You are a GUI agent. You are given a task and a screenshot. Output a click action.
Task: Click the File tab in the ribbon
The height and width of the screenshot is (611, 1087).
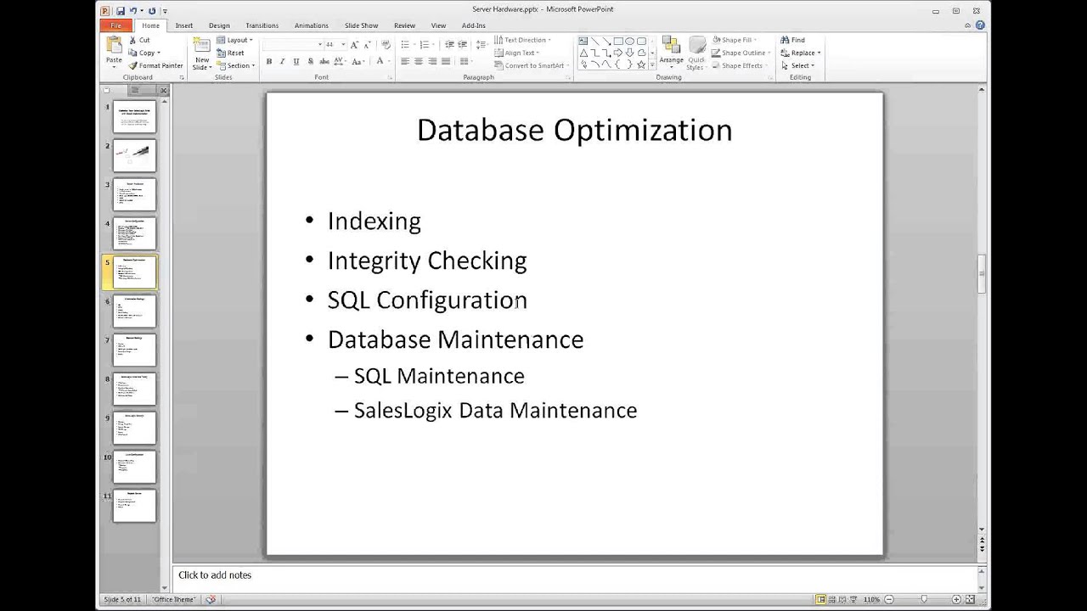click(115, 25)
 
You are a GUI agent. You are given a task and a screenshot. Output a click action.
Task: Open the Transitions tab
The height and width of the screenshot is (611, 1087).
click(262, 25)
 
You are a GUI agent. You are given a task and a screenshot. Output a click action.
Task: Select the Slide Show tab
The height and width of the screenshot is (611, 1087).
click(361, 25)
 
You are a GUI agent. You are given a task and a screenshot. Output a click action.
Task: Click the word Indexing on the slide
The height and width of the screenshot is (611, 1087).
click(374, 221)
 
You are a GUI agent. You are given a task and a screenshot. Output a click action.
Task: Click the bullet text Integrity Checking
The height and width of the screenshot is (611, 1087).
click(426, 261)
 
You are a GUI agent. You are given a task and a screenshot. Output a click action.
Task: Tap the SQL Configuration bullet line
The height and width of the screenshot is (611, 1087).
click(426, 300)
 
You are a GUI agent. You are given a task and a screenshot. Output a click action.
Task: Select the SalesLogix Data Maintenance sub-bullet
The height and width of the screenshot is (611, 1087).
click(494, 411)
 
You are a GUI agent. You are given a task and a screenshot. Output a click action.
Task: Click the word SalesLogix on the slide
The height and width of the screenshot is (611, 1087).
click(403, 411)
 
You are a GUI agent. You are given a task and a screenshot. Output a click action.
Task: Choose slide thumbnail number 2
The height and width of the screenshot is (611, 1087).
click(134, 155)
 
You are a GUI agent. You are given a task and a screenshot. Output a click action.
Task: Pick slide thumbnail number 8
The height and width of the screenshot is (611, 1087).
click(134, 390)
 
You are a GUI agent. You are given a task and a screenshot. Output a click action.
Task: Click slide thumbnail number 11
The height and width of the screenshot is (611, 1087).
click(134, 506)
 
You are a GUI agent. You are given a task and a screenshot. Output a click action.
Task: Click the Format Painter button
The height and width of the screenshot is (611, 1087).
click(155, 65)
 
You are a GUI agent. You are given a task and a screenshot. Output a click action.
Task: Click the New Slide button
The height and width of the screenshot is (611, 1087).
click(201, 53)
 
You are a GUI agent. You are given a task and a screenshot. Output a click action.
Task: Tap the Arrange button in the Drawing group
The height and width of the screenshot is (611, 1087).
click(671, 53)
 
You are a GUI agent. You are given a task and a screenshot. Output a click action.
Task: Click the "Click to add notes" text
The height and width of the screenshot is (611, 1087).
click(215, 575)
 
